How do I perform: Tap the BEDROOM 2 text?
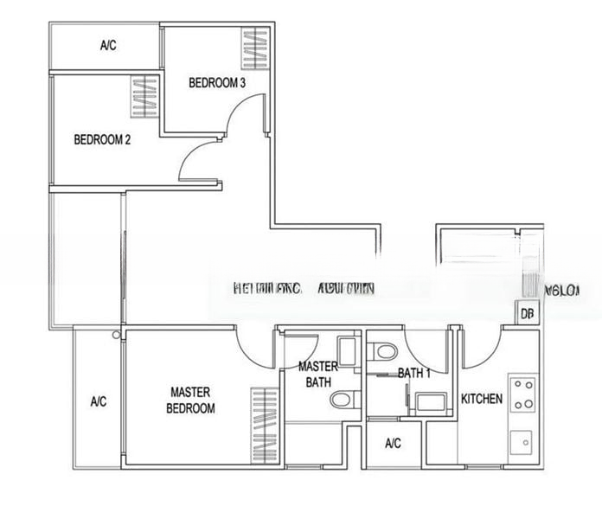[x=102, y=139]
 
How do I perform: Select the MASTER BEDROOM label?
[x=191, y=400]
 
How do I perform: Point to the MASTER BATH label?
[x=317, y=374]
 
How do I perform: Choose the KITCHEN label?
[x=482, y=399]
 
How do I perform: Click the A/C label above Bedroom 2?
[x=108, y=46]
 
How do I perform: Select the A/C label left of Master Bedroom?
[x=99, y=401]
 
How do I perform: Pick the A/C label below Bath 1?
[x=393, y=444]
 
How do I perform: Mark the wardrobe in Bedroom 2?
[x=144, y=98]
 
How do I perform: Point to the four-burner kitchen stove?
[x=522, y=393]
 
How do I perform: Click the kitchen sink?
[x=522, y=443]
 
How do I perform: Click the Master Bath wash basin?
[x=347, y=351]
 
